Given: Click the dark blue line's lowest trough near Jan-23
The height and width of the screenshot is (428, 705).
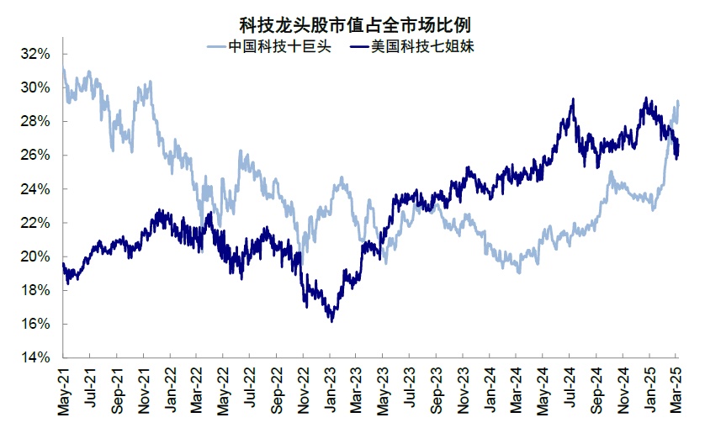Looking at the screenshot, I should [x=332, y=321].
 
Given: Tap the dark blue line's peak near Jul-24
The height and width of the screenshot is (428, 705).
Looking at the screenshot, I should [x=573, y=99].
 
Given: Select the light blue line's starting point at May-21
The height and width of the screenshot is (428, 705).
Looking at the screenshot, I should [x=64, y=71].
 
